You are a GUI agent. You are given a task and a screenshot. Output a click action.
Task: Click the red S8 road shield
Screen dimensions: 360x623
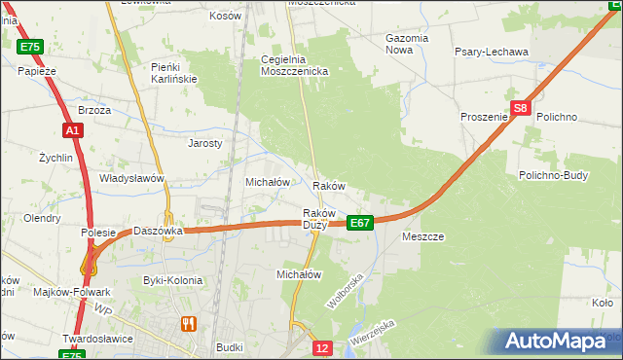521,109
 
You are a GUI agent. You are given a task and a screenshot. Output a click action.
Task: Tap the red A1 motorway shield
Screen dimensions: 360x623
72,129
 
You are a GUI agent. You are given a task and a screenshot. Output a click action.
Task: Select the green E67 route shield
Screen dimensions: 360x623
360,223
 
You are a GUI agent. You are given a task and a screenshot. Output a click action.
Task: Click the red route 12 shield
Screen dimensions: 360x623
324,347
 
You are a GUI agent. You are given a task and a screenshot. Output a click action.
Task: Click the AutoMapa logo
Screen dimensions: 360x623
558,342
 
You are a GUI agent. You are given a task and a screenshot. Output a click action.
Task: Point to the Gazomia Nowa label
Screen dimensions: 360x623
406,44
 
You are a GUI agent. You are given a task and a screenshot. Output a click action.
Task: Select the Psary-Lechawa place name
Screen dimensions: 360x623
492,52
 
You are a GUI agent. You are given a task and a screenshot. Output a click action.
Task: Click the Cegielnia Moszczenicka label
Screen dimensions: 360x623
295,65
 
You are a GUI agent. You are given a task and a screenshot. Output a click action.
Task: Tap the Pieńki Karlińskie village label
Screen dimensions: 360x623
174,72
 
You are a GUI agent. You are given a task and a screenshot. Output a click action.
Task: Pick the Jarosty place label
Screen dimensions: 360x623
205,142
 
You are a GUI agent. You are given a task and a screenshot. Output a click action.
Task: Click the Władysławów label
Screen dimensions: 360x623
131,179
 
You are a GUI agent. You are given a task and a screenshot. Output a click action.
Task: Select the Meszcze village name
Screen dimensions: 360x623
422,236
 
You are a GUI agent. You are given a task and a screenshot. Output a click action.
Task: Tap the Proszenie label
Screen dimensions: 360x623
485,117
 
